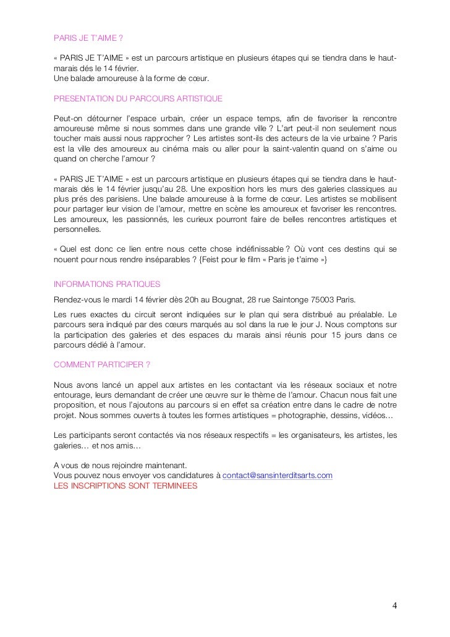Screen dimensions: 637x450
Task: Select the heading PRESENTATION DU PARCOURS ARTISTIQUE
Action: click(x=138, y=98)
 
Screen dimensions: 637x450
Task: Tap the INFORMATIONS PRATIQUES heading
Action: click(x=107, y=284)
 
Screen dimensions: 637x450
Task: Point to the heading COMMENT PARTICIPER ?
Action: click(x=102, y=364)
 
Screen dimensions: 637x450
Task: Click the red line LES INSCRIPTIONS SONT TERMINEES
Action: click(x=125, y=485)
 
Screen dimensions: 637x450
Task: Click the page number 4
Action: click(x=394, y=604)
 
